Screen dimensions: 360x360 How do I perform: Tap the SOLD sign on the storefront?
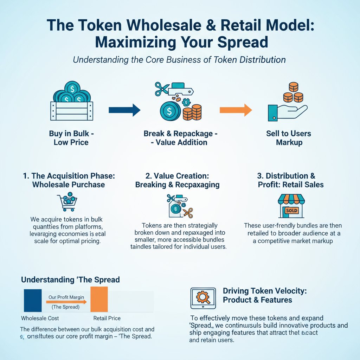point(292,211)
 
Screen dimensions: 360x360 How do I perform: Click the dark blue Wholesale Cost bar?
point(32,301)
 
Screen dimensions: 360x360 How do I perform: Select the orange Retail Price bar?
point(99,299)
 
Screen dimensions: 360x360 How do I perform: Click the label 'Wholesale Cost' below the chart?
point(40,318)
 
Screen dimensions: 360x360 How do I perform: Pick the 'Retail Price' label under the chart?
point(107,318)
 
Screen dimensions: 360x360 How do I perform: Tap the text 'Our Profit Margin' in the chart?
point(66,297)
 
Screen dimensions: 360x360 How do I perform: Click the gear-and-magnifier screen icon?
point(202,298)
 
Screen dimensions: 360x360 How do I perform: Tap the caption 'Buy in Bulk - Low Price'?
point(71,138)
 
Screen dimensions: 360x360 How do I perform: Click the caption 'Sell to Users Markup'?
point(288,138)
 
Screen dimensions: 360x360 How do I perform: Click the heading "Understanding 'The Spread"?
point(70,280)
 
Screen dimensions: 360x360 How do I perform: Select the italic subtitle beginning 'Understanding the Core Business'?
point(179,59)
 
